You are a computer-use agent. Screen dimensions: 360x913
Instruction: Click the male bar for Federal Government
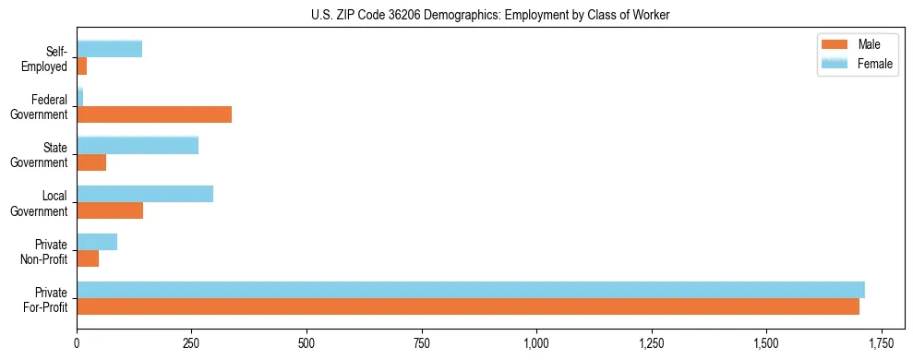[154, 114]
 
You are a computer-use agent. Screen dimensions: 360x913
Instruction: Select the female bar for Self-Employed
[109, 50]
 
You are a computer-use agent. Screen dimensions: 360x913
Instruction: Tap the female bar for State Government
[138, 146]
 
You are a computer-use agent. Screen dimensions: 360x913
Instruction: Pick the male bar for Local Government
[110, 210]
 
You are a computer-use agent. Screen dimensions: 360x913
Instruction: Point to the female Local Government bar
[145, 194]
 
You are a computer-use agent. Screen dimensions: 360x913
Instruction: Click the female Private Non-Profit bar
[97, 242]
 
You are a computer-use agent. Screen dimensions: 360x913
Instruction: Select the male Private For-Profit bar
[468, 306]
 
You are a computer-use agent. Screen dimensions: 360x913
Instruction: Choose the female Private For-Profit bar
[471, 290]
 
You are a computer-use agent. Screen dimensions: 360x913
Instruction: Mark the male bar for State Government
[91, 162]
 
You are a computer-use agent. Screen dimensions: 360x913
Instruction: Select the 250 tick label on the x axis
[192, 343]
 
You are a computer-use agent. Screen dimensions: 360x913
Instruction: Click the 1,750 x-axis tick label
[882, 343]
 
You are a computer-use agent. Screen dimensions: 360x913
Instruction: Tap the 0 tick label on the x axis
[77, 343]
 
